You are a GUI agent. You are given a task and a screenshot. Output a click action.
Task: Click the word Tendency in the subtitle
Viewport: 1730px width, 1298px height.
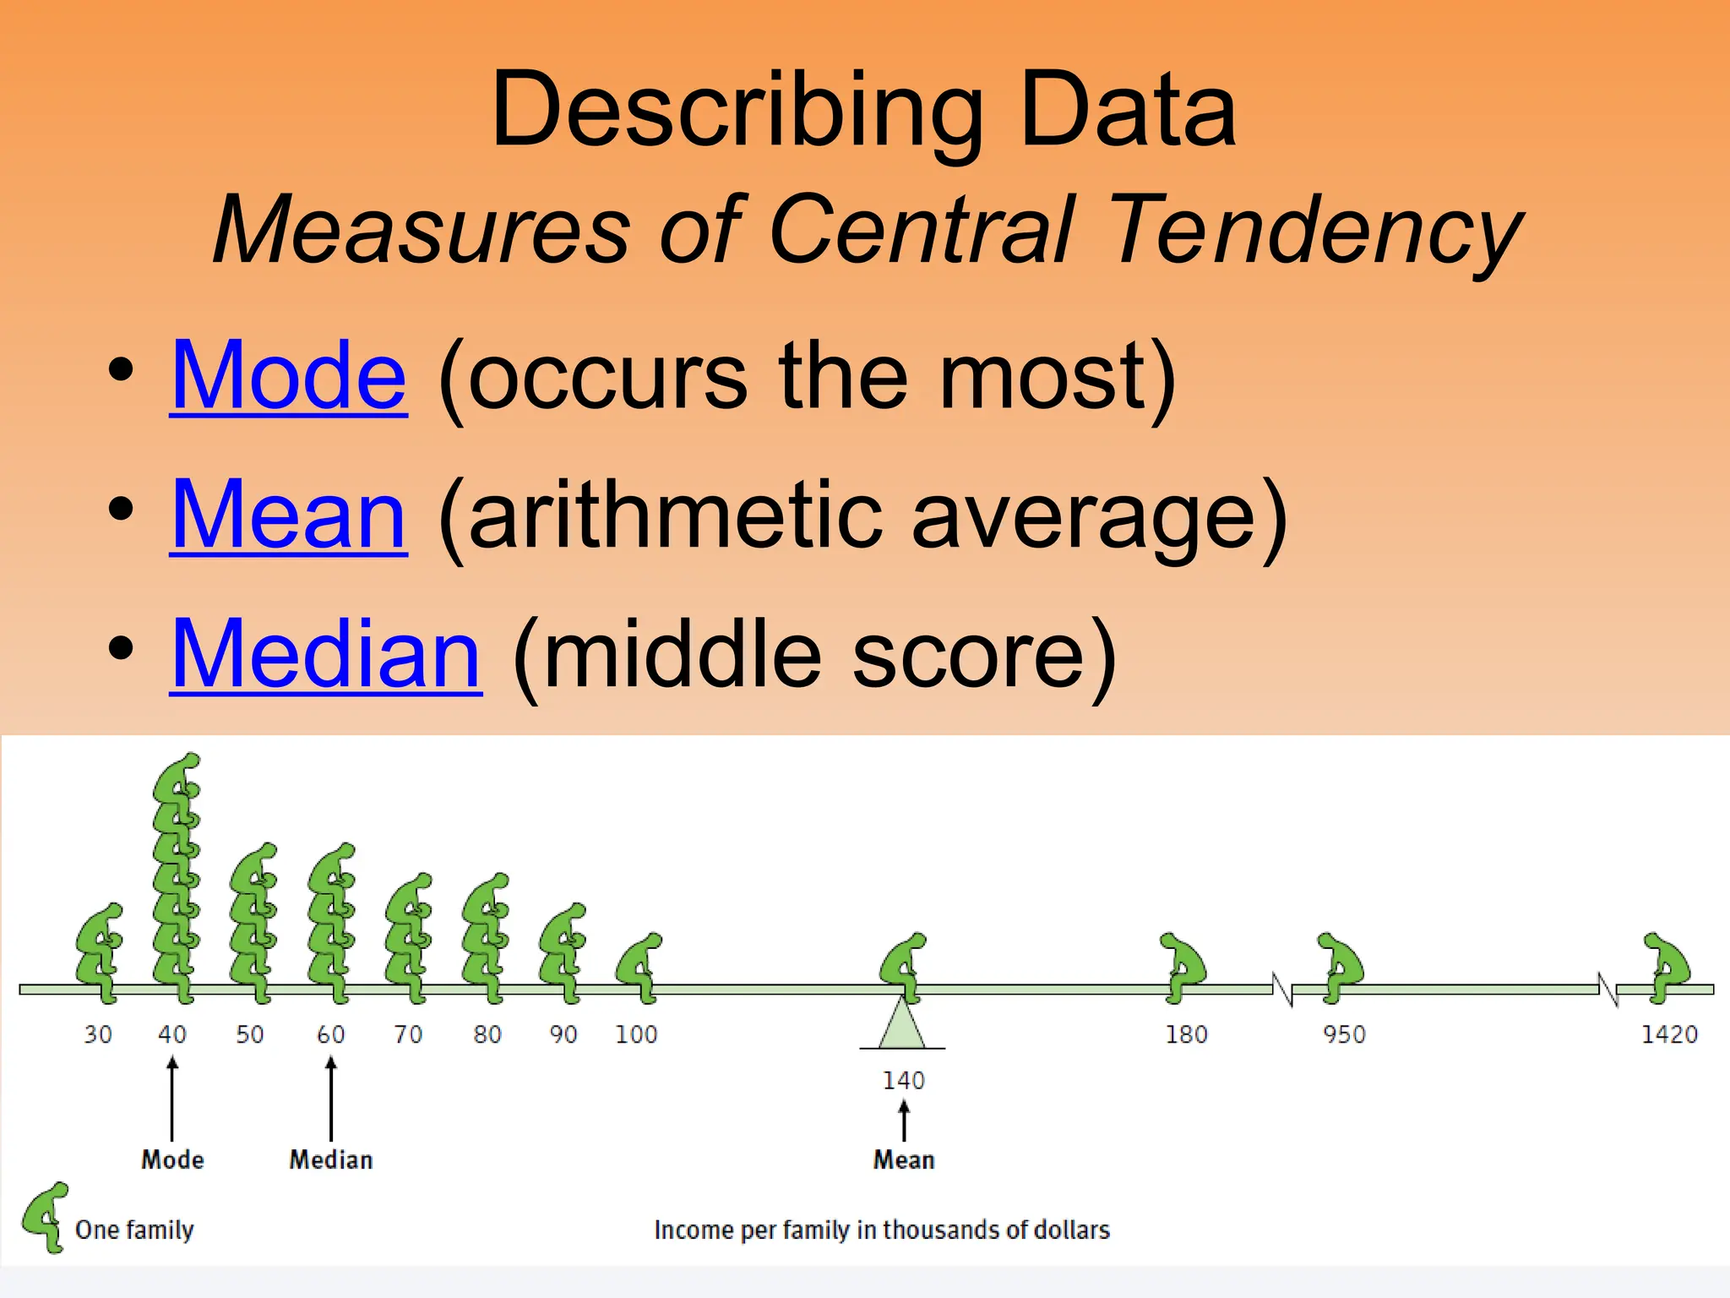tap(1314, 230)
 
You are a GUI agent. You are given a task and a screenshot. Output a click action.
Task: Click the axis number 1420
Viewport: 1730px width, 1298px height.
tap(1668, 1034)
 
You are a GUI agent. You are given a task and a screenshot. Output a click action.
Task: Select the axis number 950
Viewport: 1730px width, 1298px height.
tap(1344, 1034)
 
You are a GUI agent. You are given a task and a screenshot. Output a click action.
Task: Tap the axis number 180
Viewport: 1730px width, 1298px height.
tap(1186, 1034)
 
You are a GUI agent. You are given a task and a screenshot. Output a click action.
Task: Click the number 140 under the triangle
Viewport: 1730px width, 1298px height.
tap(903, 1080)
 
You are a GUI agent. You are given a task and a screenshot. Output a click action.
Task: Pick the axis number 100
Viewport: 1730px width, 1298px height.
tap(635, 1034)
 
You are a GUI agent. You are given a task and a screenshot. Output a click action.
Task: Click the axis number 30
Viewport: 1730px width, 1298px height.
tap(97, 1034)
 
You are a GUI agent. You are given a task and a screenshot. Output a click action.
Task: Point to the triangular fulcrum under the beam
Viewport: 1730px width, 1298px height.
tap(902, 1026)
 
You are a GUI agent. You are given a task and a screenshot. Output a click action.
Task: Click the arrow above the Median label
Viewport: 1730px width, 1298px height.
tap(331, 1099)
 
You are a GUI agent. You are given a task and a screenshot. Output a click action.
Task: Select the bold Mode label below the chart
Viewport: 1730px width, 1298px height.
tap(172, 1159)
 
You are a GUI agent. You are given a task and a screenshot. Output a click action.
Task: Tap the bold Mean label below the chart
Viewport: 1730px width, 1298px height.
tap(903, 1159)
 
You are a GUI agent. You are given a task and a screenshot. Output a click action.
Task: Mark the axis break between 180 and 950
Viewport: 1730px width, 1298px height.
tap(1282, 989)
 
